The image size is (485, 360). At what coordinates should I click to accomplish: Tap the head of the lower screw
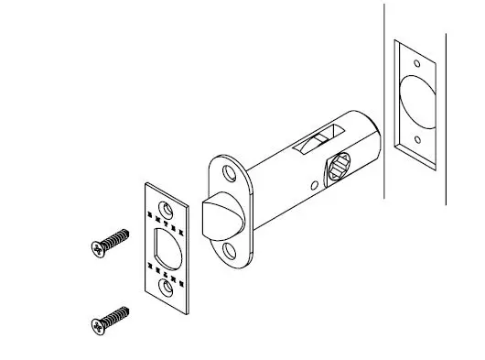click(x=99, y=325)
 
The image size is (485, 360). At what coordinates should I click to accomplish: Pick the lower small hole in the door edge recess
click(x=416, y=141)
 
